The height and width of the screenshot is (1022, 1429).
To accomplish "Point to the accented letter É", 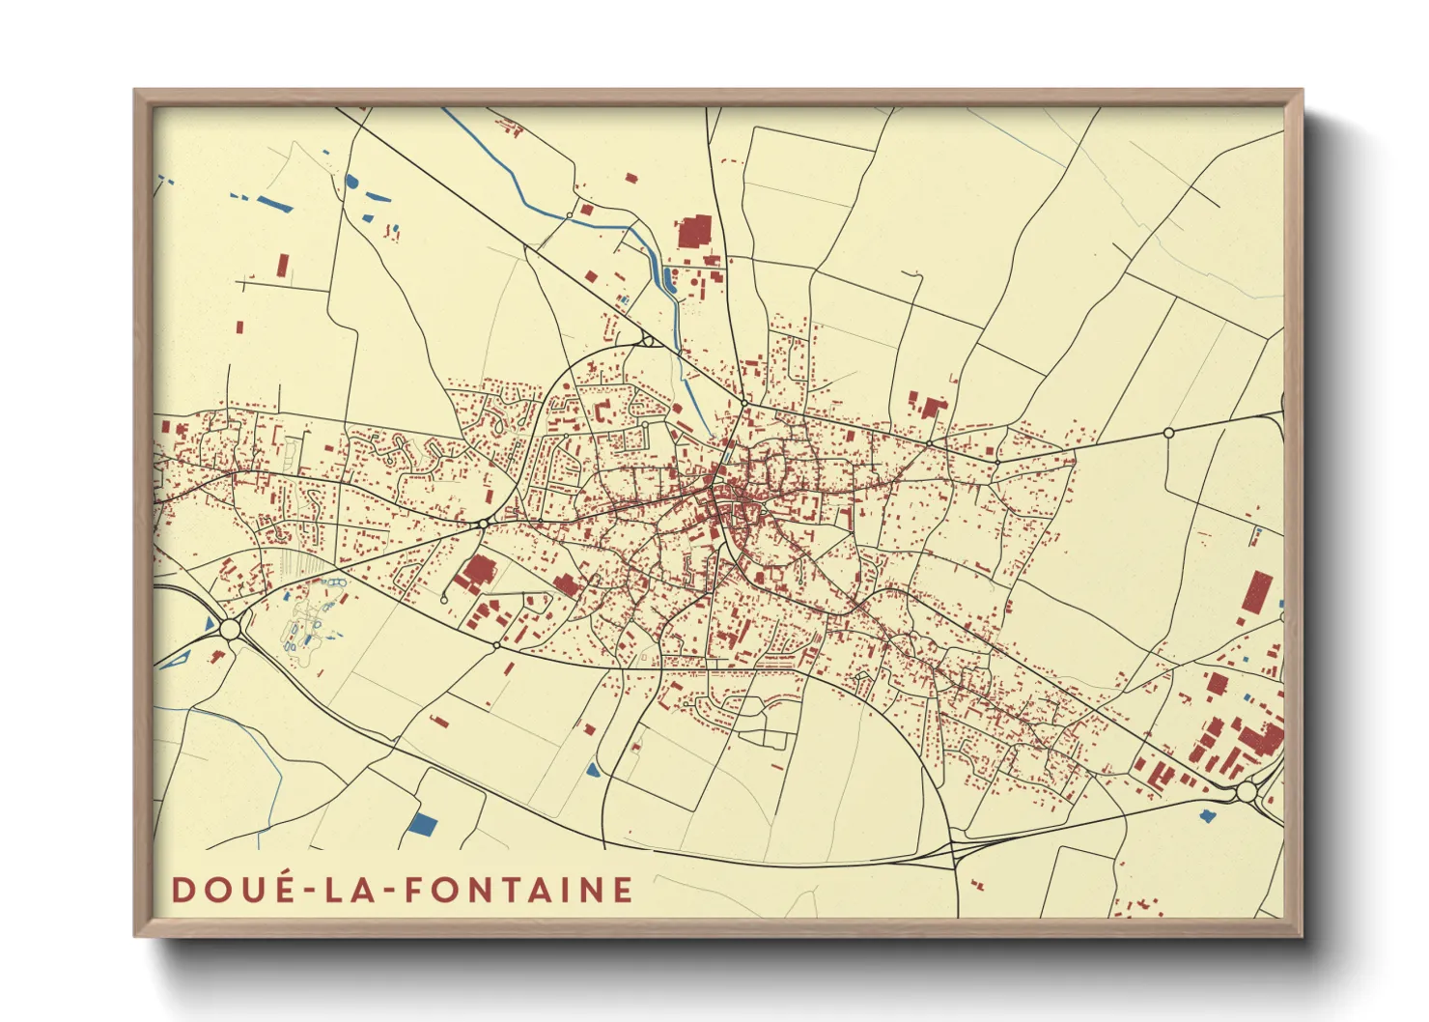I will coord(281,888).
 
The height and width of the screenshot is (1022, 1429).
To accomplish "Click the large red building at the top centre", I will coord(693,233).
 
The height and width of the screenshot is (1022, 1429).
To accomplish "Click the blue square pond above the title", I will coord(423,825).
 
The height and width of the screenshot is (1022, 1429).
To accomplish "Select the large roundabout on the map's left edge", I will coord(230,630).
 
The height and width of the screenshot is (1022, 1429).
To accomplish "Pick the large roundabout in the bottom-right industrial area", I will coord(1247,792).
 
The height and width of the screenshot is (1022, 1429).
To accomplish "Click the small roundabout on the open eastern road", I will coord(1168,433).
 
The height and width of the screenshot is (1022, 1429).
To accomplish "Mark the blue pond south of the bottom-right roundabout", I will coord(1206,815).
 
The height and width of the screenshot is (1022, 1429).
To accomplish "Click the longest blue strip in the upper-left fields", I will coord(275,204).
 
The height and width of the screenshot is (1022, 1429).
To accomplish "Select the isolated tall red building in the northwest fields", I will coord(282,265).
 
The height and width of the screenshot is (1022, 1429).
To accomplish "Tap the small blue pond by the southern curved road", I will coord(593,770).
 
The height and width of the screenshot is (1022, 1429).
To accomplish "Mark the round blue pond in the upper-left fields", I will coord(351,181).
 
